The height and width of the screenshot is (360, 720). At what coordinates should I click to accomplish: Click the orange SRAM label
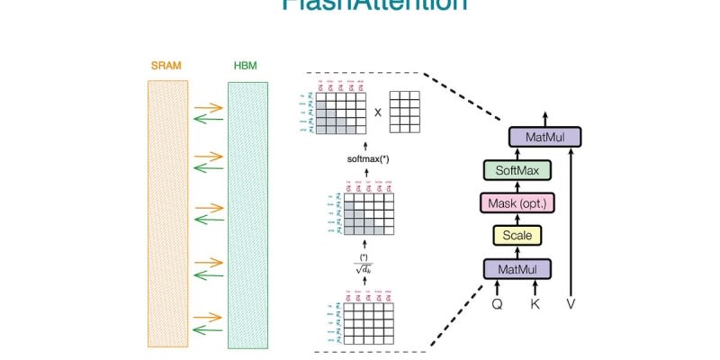168,67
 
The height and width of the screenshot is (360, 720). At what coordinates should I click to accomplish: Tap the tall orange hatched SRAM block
168,214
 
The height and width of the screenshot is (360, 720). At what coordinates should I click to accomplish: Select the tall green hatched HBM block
247,214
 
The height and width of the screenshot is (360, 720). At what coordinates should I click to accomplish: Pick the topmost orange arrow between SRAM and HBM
207,107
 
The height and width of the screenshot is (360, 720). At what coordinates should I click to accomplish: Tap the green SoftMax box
517,170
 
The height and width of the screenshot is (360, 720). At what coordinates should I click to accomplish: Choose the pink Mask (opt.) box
519,203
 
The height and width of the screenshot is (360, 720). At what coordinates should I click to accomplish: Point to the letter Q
497,304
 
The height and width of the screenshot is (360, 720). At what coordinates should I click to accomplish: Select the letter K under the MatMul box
536,304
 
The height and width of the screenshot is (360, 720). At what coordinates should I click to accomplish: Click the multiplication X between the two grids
377,112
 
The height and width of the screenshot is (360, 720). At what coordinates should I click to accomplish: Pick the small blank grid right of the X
404,112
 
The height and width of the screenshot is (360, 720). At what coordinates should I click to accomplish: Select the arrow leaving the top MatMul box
544,118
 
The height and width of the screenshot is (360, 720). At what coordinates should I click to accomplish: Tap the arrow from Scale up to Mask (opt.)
517,220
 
